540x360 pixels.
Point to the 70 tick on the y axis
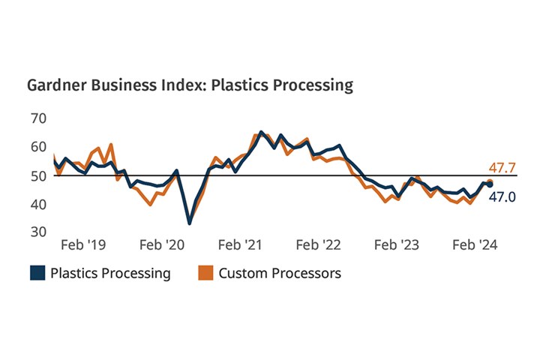(39, 118)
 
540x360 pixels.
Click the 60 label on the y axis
(39, 147)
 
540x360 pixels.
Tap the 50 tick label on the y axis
(39, 175)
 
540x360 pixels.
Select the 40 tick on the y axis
(39, 204)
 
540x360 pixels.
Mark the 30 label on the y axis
(39, 232)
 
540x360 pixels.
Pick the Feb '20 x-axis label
(162, 244)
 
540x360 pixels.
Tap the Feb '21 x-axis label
(240, 244)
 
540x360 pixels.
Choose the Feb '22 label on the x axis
(318, 244)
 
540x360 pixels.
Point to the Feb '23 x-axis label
(396, 244)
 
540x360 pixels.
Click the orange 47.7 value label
(502, 166)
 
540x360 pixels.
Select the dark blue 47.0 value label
(502, 197)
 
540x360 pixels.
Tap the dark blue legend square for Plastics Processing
(37, 273)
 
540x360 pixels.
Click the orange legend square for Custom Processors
(205, 273)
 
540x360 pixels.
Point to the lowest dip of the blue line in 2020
(189, 223)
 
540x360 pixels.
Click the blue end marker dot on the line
(490, 184)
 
